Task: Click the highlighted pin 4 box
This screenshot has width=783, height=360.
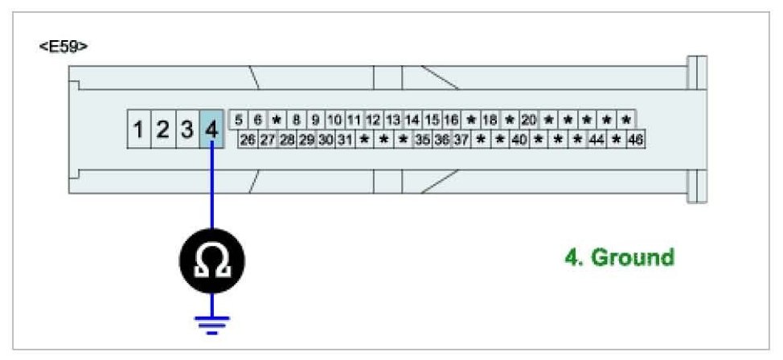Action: [211, 129]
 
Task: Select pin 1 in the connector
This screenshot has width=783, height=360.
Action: [139, 129]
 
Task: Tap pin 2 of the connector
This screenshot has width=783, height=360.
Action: [163, 129]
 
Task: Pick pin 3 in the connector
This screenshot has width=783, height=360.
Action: [187, 129]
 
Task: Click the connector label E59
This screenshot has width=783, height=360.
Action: [63, 46]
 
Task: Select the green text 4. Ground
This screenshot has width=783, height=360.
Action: [619, 258]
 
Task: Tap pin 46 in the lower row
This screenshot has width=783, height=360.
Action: [636, 139]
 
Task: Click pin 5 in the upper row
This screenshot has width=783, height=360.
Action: [239, 120]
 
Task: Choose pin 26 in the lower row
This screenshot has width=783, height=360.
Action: [248, 139]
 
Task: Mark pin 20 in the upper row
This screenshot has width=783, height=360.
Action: [528, 120]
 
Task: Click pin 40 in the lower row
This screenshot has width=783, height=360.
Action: [519, 139]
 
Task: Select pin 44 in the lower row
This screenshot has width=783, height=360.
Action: [597, 139]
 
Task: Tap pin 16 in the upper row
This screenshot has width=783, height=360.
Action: [451, 120]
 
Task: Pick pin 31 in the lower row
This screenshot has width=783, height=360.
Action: [345, 139]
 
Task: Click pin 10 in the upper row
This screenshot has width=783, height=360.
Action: [335, 120]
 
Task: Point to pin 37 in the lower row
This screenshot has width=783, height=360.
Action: [461, 139]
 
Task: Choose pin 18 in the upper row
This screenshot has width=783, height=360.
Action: [490, 120]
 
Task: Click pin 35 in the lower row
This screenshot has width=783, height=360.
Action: [422, 139]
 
